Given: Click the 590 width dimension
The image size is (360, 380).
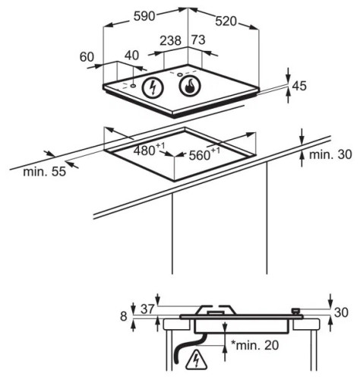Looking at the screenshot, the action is click(x=144, y=16).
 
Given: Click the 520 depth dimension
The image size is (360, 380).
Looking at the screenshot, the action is click(x=226, y=21).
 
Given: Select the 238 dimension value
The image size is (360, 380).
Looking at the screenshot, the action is click(x=171, y=40).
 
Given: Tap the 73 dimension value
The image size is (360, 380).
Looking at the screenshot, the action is click(x=198, y=40).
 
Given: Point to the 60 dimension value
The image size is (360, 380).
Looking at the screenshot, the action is click(x=87, y=57).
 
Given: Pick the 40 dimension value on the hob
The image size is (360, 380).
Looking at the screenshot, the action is click(x=131, y=55).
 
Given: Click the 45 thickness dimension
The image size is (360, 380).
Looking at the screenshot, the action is click(x=299, y=86).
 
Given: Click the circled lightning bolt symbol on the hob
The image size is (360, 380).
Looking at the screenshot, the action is click(x=152, y=87).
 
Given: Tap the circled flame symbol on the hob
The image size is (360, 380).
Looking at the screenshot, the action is click(x=190, y=86).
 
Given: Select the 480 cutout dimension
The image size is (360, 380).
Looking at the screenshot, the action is click(x=149, y=150).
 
